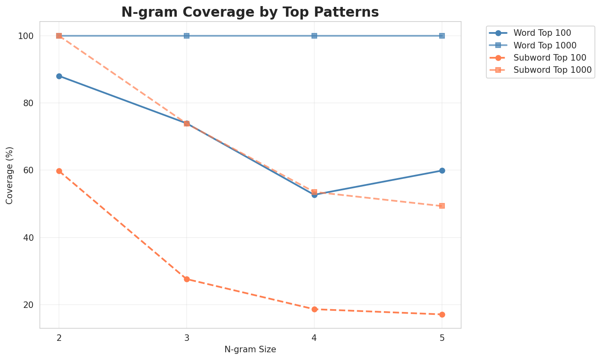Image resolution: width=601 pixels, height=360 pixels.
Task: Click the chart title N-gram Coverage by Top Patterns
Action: click(x=250, y=12)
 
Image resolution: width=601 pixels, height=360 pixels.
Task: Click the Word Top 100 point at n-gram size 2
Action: click(x=59, y=76)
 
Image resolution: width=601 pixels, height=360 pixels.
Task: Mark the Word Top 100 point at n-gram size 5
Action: click(x=442, y=170)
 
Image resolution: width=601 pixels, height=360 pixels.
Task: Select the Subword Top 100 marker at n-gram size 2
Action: click(x=59, y=171)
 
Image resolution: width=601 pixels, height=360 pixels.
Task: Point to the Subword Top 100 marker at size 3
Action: click(x=187, y=279)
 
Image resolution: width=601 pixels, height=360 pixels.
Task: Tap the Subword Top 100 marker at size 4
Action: click(x=314, y=309)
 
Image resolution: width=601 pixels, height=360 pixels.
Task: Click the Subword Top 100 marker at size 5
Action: click(x=442, y=314)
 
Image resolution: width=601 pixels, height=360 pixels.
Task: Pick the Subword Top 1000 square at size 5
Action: click(x=442, y=206)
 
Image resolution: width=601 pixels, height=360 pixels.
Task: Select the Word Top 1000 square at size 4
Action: click(x=314, y=36)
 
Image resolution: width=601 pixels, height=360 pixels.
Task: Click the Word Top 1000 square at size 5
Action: click(x=442, y=36)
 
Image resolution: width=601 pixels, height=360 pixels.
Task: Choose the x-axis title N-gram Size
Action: click(x=250, y=349)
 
